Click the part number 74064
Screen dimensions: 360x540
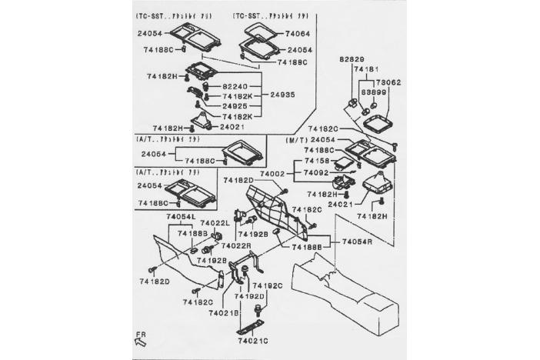[x=297, y=35]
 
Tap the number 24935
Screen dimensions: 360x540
[x=283, y=95]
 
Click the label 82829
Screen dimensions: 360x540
[x=351, y=59]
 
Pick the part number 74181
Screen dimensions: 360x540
[x=365, y=69]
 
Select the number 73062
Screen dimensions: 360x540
[x=388, y=82]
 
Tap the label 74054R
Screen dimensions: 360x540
[x=357, y=242]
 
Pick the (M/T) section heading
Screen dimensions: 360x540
[x=298, y=141]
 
